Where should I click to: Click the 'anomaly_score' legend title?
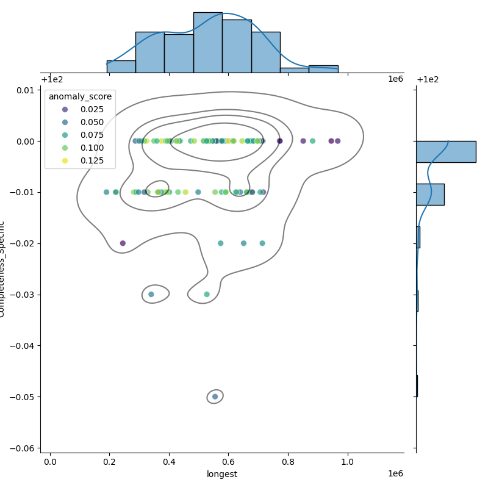point(80,96)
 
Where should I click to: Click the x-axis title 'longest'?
point(222,474)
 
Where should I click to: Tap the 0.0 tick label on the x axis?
point(50,462)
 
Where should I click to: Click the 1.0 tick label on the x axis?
point(348,462)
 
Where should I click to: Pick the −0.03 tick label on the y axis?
point(24,295)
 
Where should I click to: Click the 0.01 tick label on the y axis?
point(26,90)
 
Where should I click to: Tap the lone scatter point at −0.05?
point(215,396)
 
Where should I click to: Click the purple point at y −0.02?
point(123,243)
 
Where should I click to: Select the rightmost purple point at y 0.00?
point(337,141)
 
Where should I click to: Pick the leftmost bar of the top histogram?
point(121,66)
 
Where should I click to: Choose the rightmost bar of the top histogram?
point(323,69)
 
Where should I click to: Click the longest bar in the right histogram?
point(446,151)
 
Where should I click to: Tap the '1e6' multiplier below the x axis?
point(395,474)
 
